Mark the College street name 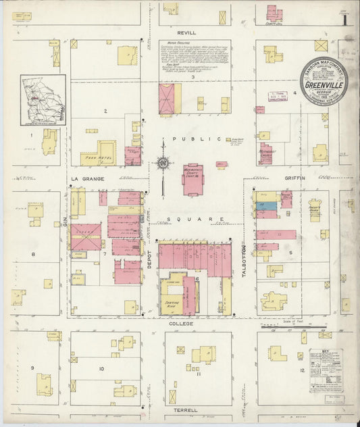tap(181, 324)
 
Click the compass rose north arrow tap(163, 162)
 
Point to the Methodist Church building tap(265, 153)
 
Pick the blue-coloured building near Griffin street tap(266, 205)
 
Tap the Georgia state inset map tap(43, 100)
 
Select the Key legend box tap(325, 370)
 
